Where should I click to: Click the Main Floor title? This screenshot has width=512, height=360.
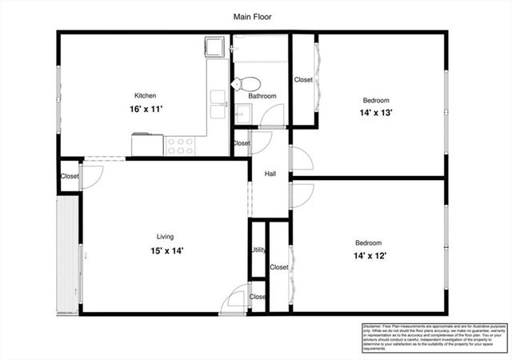point(255,16)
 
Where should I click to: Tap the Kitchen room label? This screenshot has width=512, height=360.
point(145,95)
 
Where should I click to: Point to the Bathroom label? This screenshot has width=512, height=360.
point(262,96)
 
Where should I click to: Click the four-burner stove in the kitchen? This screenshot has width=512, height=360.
point(181,146)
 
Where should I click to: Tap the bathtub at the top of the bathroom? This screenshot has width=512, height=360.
point(260,48)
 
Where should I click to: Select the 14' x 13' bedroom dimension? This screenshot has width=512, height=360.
point(376,113)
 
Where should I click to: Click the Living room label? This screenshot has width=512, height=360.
point(165,237)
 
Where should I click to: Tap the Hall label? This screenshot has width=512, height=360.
point(270,173)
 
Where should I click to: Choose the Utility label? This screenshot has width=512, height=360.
point(258,250)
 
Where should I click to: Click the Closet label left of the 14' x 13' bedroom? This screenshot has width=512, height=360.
point(303,79)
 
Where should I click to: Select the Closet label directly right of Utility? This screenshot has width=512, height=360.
point(278,267)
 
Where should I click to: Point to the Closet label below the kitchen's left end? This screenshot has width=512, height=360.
point(70,176)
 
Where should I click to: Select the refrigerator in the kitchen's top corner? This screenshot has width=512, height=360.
point(215,49)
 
